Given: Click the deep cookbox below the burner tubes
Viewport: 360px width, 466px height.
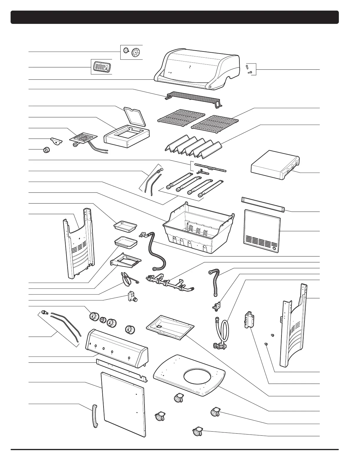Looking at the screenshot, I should [197, 228].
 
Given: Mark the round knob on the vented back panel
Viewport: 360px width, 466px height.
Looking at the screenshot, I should [274, 249].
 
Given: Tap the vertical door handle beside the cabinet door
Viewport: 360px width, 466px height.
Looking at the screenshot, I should [94, 416].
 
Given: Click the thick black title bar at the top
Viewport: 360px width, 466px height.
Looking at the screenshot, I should [174, 17].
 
